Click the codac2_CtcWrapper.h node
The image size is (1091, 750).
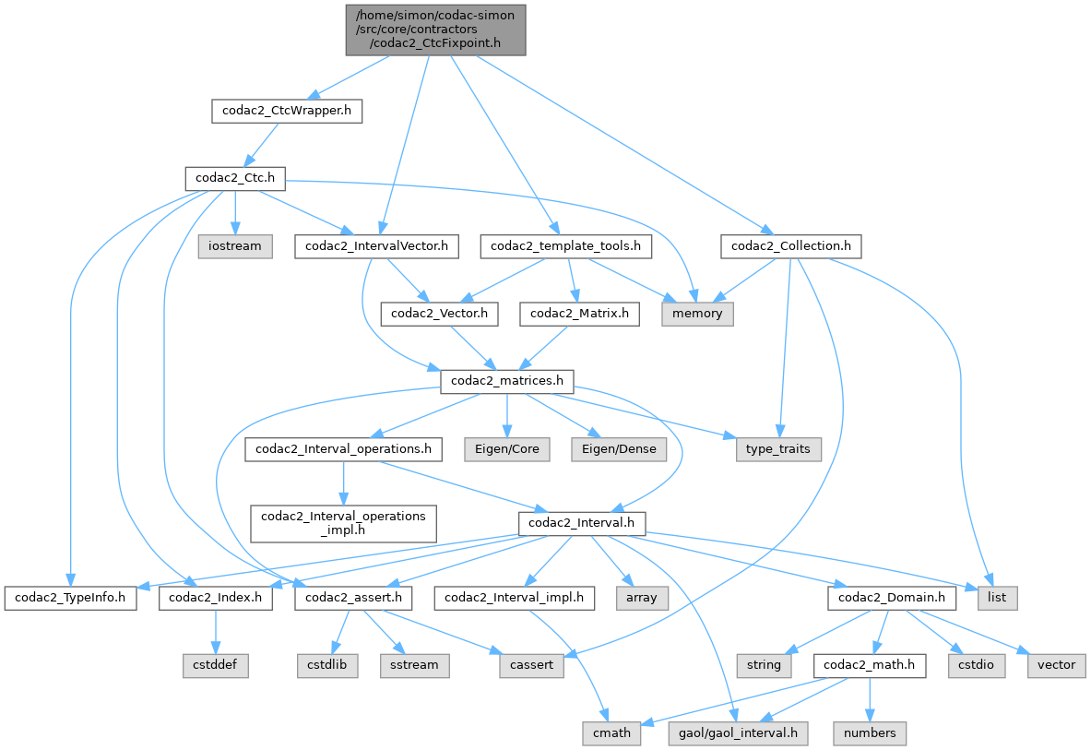coord(286,112)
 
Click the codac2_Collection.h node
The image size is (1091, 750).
coord(791,246)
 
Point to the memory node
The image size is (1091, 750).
coord(697,314)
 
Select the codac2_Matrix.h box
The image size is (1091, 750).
coord(579,314)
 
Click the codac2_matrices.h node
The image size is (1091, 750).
coord(507,380)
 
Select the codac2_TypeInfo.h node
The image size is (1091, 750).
coord(70,598)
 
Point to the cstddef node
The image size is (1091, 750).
coord(214,664)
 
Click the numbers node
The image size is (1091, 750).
coord(870,733)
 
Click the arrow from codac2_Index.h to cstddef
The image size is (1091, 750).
coord(215,631)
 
